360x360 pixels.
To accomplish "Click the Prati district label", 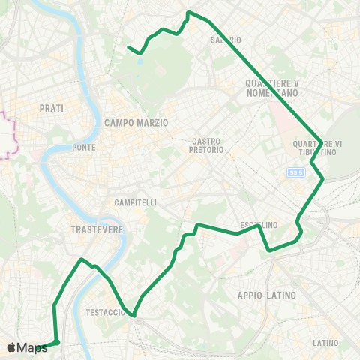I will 51,108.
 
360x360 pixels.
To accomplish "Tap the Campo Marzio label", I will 136,122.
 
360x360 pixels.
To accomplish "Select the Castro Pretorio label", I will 208,145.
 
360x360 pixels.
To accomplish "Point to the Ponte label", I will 84,148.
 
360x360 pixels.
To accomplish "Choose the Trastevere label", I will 95,229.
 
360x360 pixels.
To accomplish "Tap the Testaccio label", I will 105,312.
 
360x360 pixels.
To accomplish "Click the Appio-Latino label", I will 267,295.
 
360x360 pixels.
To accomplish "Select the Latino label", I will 325,343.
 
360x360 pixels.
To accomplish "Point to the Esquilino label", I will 259,225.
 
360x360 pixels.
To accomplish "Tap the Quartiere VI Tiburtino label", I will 318,147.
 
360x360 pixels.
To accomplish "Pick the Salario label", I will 226,40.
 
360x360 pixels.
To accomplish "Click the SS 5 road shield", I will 296,172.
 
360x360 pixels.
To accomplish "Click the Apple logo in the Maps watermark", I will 11,347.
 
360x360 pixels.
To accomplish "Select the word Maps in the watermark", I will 33,347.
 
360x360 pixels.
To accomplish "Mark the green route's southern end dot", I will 56,343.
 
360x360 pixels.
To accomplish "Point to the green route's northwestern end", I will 129,48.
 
